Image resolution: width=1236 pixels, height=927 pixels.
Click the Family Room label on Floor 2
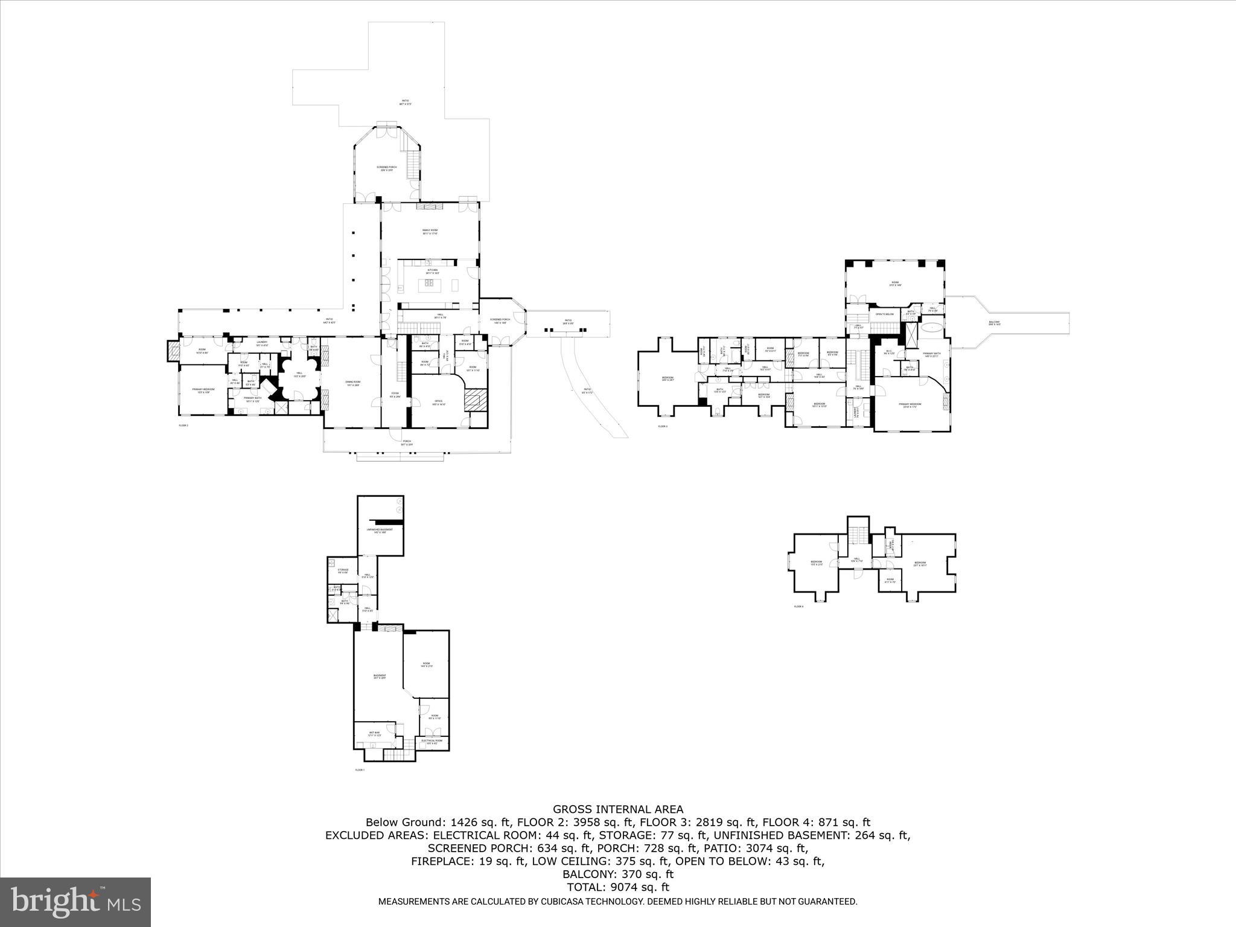[430, 232]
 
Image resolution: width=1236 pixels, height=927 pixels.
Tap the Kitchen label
[432, 272]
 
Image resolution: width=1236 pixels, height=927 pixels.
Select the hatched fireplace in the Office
[475, 400]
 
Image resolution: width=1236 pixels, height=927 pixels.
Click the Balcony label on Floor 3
[994, 323]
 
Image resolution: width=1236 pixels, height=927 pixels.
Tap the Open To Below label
[884, 314]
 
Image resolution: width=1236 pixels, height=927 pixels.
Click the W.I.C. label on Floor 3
[888, 352]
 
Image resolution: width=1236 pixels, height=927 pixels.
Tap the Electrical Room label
[432, 741]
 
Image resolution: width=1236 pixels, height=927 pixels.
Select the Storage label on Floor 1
[343, 570]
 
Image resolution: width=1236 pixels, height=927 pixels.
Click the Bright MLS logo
[75, 902]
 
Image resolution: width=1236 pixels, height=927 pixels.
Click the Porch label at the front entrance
[407, 442]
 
